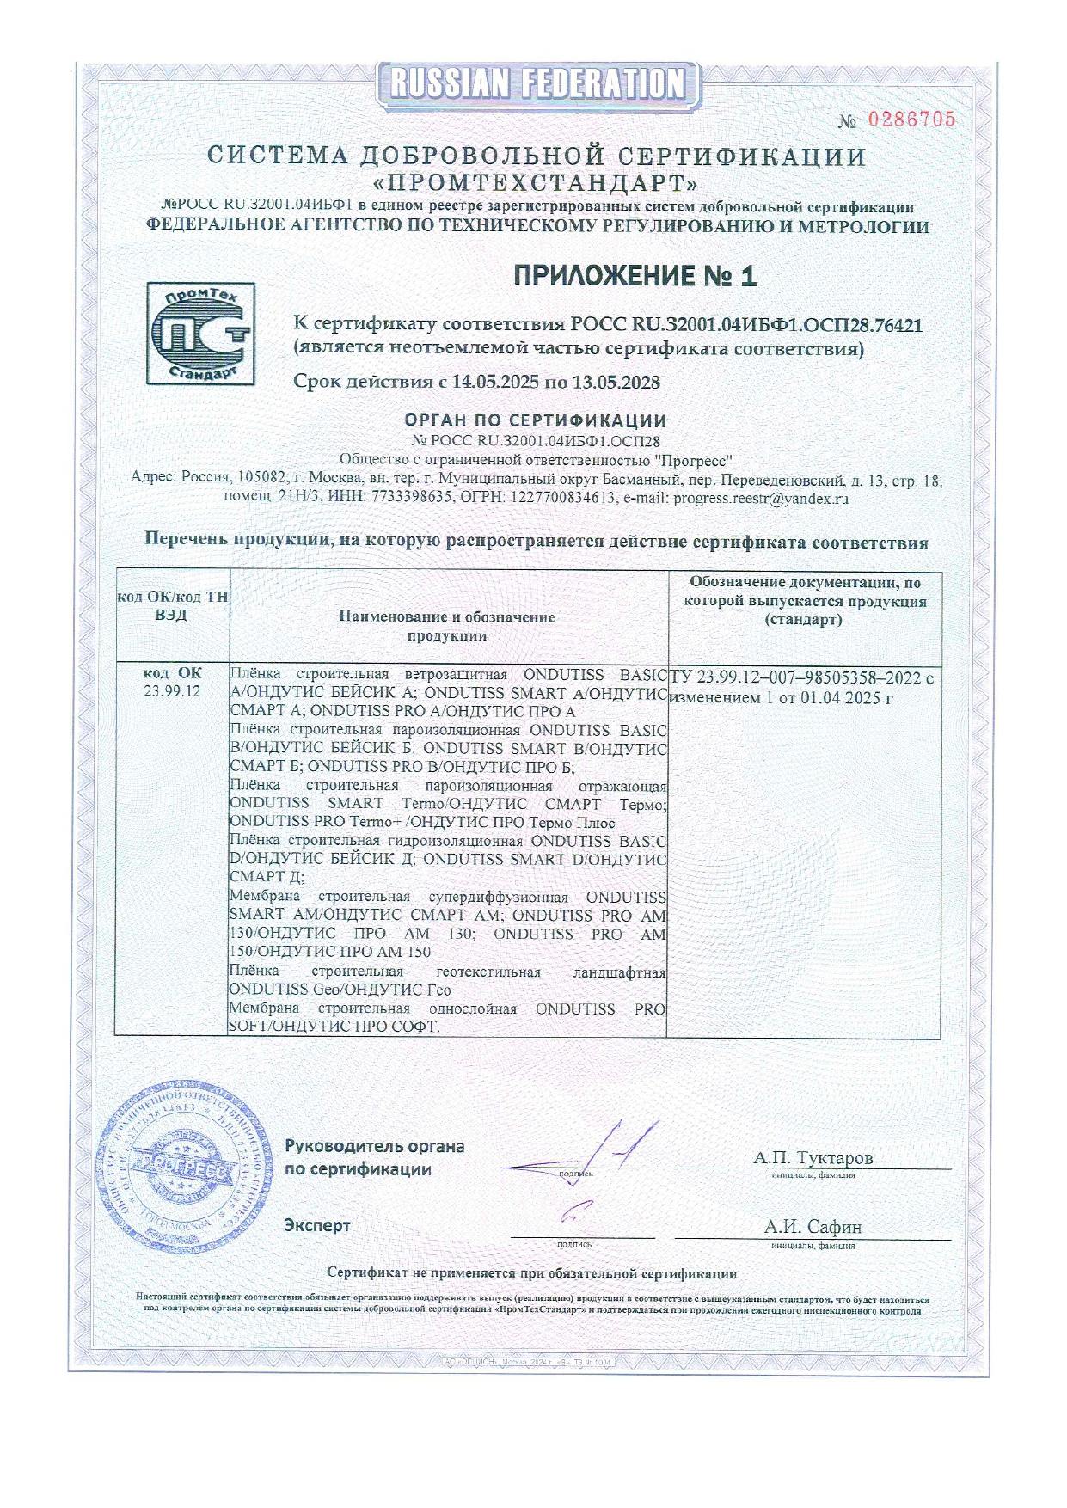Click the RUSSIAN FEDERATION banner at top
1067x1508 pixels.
(x=538, y=84)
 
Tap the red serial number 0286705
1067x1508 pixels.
(x=911, y=120)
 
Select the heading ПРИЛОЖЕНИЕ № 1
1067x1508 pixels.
(x=636, y=276)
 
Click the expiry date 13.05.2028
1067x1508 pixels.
(x=616, y=382)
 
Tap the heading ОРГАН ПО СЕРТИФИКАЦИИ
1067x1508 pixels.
(x=536, y=420)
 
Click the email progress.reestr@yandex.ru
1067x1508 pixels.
(x=762, y=497)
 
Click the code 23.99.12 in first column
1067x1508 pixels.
(x=173, y=691)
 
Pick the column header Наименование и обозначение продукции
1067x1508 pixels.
(x=447, y=627)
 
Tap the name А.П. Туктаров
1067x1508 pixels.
(x=813, y=1157)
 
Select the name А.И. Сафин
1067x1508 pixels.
(x=813, y=1227)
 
